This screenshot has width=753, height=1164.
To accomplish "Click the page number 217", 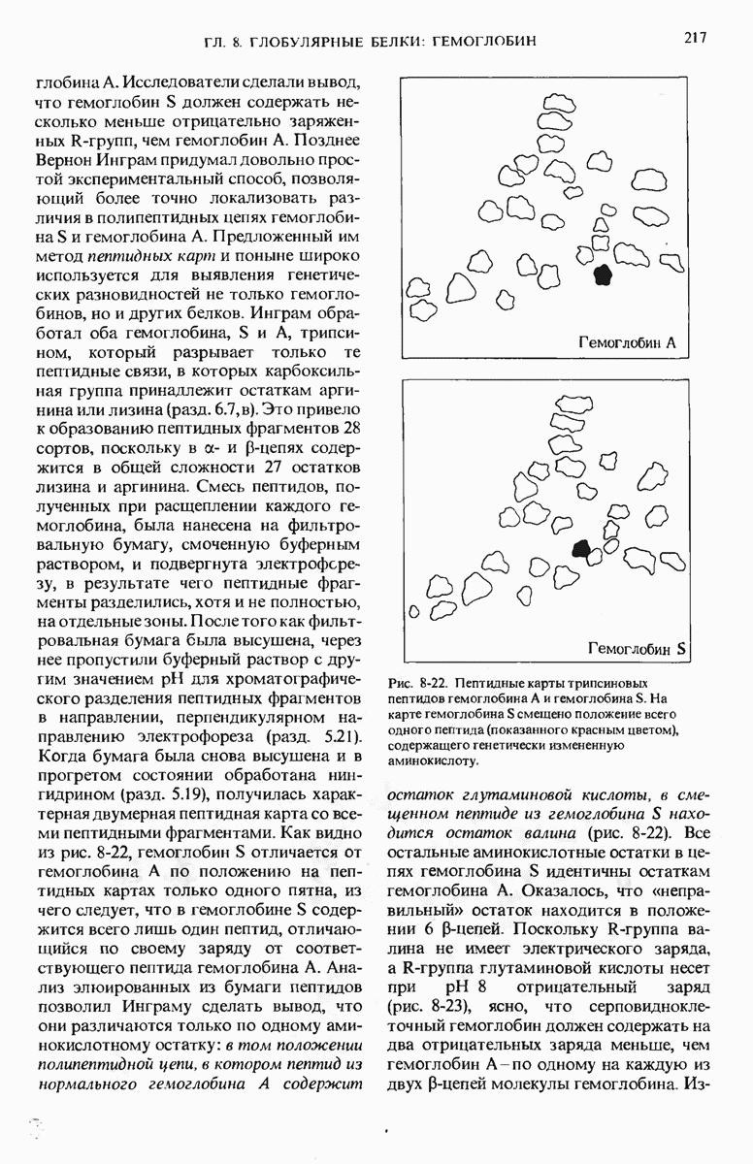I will [x=694, y=39].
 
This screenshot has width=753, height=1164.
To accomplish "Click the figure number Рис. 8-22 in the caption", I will [x=419, y=684].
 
